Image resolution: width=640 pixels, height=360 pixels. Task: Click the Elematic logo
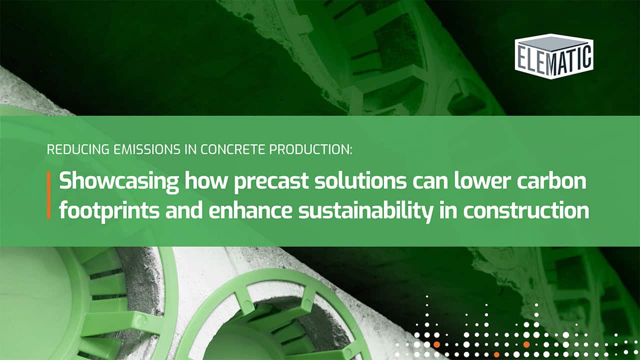553,56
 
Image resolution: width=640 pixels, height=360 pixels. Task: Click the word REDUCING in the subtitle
71,149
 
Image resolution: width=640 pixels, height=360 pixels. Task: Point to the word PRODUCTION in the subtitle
290,149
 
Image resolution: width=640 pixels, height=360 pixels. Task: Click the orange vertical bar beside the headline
49,195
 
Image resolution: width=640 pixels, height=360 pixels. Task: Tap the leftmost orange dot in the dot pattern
437,344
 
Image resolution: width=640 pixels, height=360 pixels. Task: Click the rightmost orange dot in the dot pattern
526,344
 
